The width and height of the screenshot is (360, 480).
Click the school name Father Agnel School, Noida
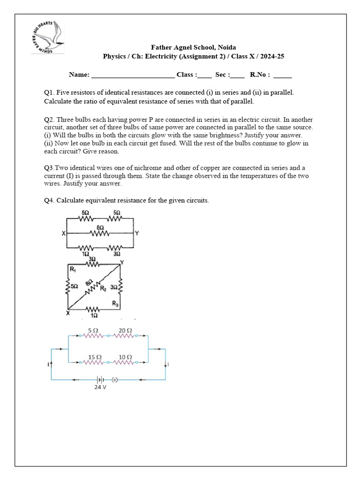(x=193, y=47)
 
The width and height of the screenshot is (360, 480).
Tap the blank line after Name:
(x=133, y=75)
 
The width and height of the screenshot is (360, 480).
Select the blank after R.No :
(x=282, y=75)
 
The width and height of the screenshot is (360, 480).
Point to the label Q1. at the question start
(x=50, y=93)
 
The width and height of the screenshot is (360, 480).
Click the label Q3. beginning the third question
(x=50, y=168)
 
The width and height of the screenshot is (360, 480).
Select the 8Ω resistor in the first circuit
(x=100, y=233)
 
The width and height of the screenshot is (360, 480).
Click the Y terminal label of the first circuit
(x=136, y=233)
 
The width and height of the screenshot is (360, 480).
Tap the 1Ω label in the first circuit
(x=86, y=254)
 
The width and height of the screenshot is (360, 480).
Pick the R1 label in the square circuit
(x=72, y=270)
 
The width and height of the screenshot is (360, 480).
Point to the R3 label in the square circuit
(x=115, y=304)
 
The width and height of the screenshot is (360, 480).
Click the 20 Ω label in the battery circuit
(x=125, y=330)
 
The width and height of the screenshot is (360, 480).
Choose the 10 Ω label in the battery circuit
(x=125, y=357)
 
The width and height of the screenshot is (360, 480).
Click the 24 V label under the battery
(x=100, y=388)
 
